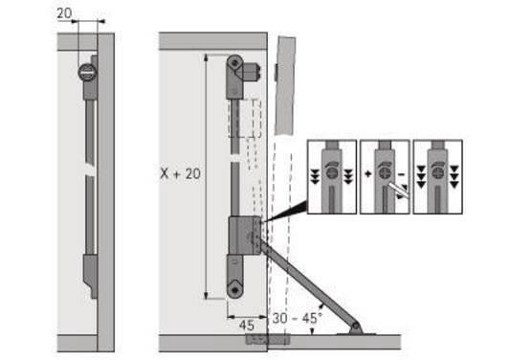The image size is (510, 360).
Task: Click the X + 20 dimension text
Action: coord(180,175)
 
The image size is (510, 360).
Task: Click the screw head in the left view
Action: coord(86,70)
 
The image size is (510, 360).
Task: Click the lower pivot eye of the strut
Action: coord(233,284)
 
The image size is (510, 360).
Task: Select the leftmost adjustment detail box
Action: coord(331,176)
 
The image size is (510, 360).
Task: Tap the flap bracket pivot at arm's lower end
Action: coord(356,327)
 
